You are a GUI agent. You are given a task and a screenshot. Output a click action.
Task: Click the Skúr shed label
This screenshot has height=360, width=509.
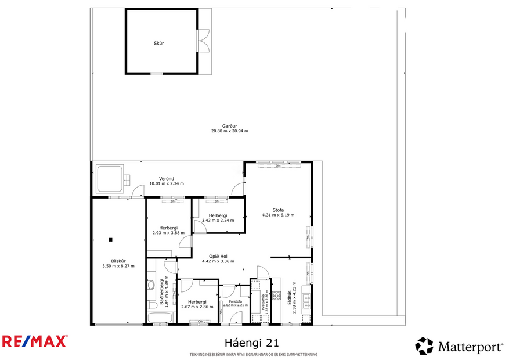158,44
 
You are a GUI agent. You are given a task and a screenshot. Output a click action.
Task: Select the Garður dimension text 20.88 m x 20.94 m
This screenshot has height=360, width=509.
229,131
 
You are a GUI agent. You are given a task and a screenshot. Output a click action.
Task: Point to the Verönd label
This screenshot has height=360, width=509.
167,178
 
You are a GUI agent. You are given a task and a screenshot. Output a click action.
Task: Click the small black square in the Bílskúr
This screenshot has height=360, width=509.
110,239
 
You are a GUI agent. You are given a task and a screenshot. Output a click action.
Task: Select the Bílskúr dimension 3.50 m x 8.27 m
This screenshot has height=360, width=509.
118,266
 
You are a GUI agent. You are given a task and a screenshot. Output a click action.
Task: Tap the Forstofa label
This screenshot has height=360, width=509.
235,302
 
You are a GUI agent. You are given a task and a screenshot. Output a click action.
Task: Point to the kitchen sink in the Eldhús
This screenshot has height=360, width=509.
308,301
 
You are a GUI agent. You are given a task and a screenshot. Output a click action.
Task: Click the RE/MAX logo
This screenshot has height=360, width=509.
34,341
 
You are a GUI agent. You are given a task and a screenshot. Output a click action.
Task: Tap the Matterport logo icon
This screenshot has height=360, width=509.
424,346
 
